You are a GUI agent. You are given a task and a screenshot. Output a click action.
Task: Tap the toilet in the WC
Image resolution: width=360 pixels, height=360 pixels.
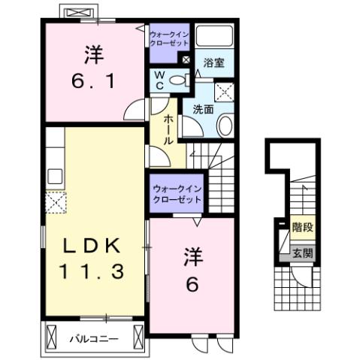click(x=177, y=81)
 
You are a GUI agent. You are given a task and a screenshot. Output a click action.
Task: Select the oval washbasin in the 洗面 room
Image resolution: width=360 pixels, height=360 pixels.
click(x=224, y=126)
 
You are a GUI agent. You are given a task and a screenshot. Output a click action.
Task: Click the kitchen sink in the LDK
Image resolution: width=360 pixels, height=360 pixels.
click(x=55, y=176)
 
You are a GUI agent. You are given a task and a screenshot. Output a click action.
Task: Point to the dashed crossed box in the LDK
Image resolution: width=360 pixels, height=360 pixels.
click(x=56, y=201)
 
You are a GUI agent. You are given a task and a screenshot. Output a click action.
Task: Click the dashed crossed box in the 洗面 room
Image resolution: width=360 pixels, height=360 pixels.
click(x=223, y=91)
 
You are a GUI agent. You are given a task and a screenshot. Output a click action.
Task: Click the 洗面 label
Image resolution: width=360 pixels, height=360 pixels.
click(x=202, y=109)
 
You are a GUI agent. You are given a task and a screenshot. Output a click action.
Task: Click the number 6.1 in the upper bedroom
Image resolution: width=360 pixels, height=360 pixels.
click(x=94, y=80)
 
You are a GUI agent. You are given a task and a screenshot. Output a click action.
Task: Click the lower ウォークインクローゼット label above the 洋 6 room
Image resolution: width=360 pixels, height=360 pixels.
click(x=177, y=195)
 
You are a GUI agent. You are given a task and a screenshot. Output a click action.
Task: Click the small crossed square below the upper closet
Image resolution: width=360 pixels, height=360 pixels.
click(x=186, y=59)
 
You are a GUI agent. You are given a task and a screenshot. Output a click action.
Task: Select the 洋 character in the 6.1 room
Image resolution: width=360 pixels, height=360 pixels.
click(x=93, y=54)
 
